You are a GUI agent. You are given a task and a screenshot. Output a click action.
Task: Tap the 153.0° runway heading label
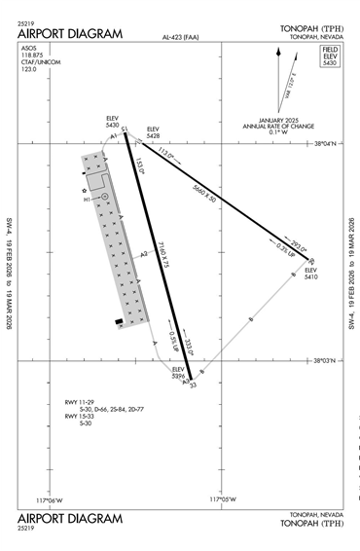[139, 168]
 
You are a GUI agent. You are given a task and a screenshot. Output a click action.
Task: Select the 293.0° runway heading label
[298, 248]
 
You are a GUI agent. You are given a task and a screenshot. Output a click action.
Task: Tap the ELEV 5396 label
[178, 373]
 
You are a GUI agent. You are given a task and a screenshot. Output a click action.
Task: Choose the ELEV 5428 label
[152, 133]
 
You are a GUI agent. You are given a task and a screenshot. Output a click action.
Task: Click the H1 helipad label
[87, 200]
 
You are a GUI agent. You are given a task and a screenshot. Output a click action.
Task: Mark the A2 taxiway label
[143, 255]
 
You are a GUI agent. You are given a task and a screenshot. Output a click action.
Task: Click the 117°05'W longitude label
[225, 500]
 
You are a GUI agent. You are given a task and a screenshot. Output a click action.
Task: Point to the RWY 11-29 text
[78, 401]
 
